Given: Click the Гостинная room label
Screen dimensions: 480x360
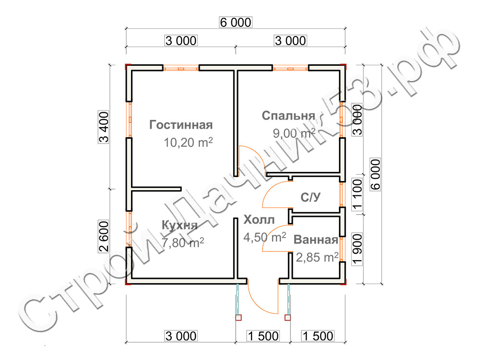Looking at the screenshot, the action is pos(181,125).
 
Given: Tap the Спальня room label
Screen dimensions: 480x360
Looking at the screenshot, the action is pos(288,116).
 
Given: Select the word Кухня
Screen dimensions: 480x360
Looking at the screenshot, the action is pos(180,225).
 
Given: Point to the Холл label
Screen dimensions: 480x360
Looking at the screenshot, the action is pos(259,219).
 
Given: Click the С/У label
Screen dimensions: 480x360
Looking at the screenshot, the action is pos(311,197).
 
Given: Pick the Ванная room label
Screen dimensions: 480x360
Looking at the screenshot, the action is pos(316,240).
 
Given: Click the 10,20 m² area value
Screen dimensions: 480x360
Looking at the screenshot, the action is pos(188,143).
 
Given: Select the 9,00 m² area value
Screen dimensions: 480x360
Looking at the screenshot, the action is pos(294,133).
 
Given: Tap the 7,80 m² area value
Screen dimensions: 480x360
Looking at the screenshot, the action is pos(183,243).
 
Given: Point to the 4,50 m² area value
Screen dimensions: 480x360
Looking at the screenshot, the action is pos(265,237).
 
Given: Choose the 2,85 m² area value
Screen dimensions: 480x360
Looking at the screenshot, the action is pos(317,257).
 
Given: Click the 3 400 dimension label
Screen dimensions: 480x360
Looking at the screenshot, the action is pos(104,127).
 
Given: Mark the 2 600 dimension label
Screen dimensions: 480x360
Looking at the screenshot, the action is pos(104,236).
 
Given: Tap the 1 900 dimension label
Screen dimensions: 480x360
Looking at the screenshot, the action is pos(357,249).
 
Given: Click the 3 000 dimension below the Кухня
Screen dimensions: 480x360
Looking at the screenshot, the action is pos(181,336).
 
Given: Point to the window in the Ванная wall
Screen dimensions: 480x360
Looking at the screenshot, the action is pos(343,250).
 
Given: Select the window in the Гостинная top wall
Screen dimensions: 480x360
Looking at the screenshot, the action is pos(181,68).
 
